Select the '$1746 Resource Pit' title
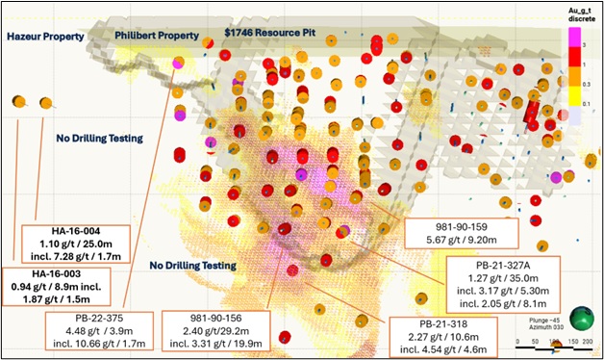[x=270, y=32]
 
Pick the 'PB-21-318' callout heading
[x=440, y=324]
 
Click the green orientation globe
[x=580, y=319]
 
